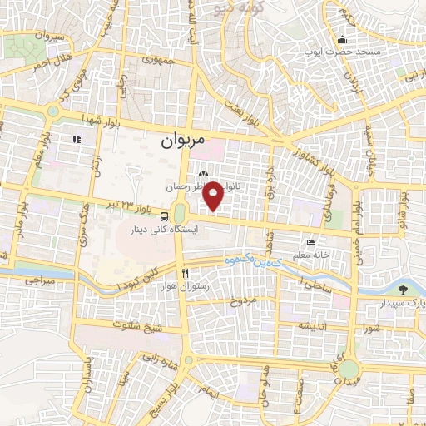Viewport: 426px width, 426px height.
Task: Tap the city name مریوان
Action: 180,142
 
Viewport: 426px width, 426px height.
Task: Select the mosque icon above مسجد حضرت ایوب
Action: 342,39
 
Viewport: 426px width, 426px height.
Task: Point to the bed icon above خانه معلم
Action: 311,241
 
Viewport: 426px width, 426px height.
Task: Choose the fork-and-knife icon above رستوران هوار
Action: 186,273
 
